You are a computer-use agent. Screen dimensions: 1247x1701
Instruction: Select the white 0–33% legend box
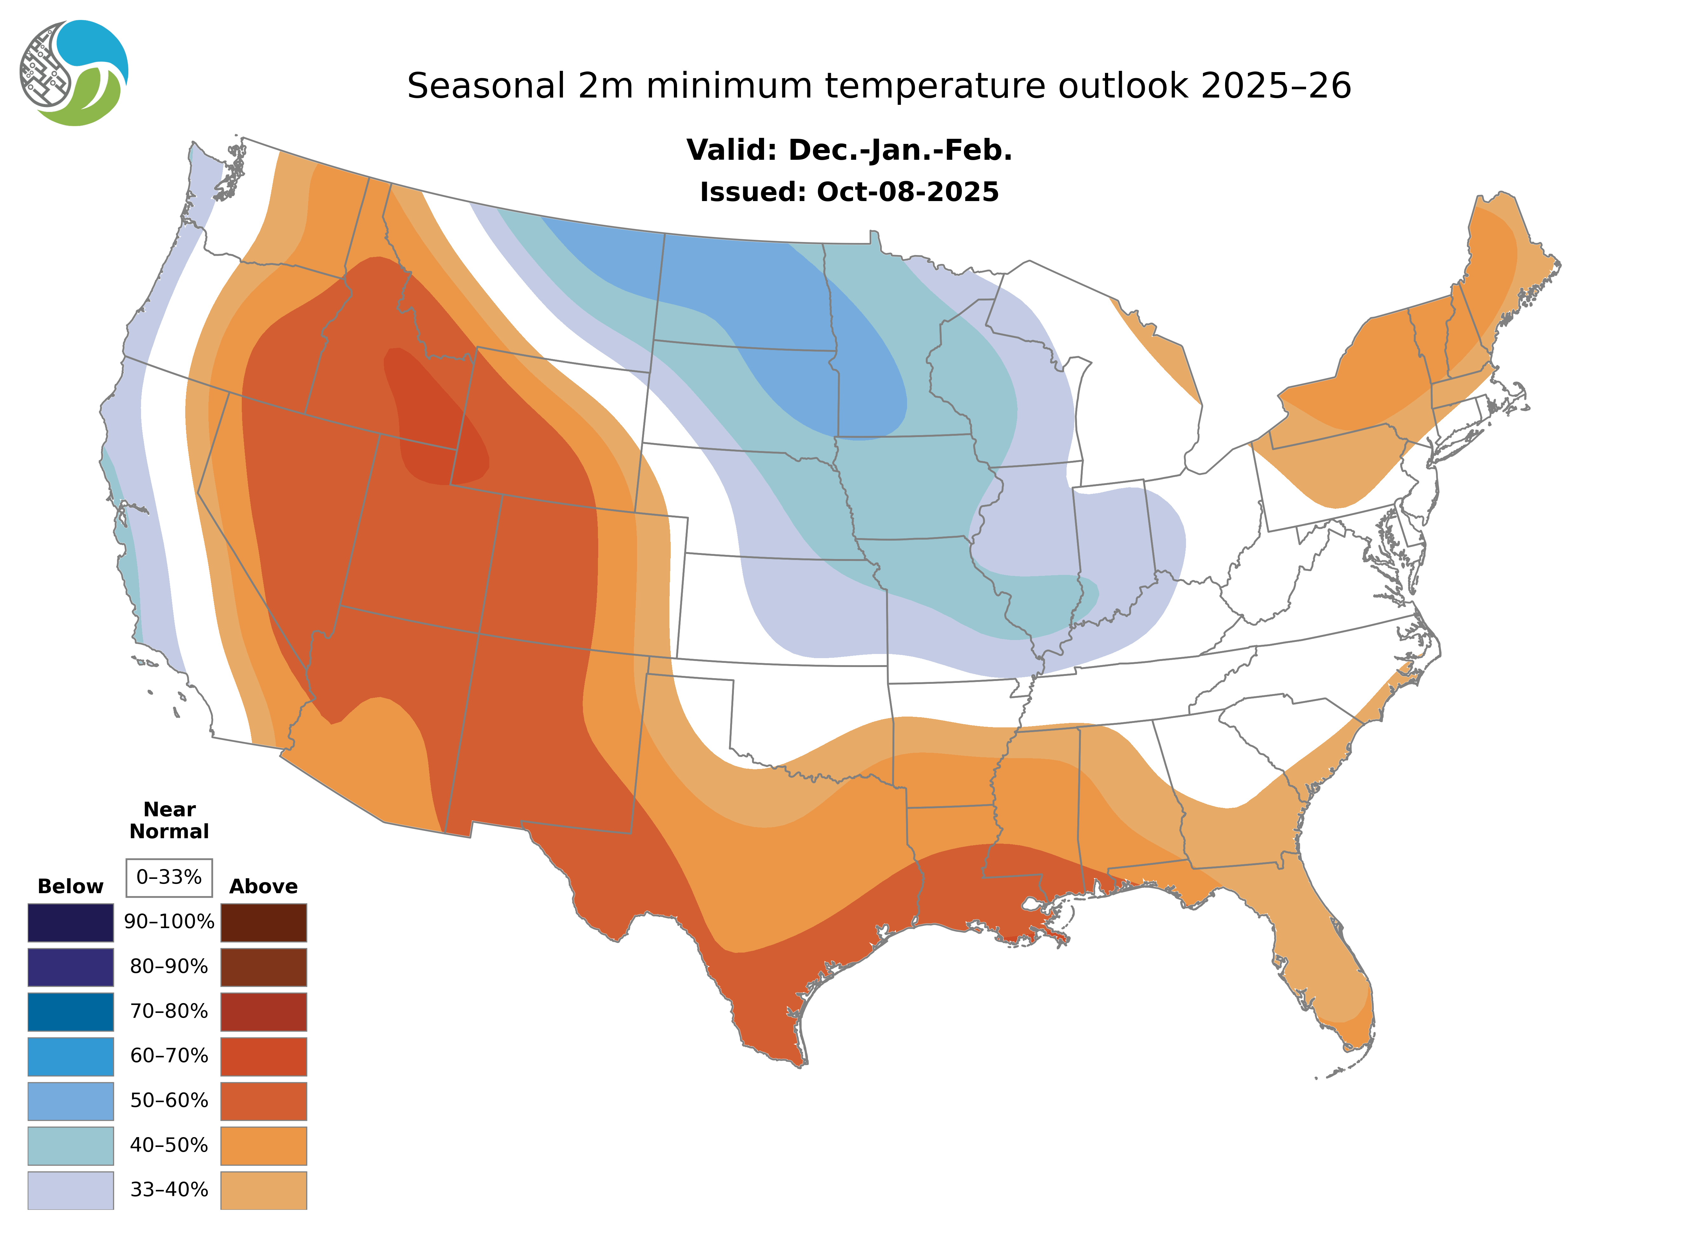[x=169, y=877]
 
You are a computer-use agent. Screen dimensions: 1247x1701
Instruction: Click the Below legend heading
[x=70, y=886]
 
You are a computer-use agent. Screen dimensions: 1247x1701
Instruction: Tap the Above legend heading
[x=263, y=886]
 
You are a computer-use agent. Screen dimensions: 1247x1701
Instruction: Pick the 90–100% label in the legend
[x=169, y=922]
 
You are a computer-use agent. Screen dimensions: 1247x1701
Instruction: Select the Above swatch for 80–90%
[x=263, y=967]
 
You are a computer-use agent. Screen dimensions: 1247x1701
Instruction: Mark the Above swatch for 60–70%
[x=263, y=1056]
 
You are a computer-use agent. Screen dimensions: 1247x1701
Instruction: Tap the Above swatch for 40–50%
[x=263, y=1145]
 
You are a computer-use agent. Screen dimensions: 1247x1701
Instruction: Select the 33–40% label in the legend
[x=169, y=1190]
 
